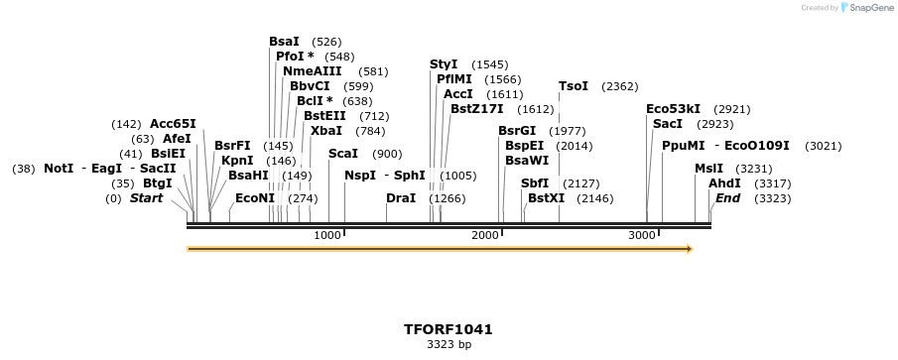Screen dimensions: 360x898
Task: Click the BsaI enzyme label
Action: pos(284,42)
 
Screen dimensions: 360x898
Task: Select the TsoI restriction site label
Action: pos(573,86)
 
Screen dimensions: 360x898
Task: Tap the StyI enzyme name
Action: pos(444,64)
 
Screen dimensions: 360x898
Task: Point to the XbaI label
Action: pos(325,131)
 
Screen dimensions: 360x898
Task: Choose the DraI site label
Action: pos(401,198)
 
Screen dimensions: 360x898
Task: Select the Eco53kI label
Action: pos(673,109)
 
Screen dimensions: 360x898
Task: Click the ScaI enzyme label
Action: pos(342,154)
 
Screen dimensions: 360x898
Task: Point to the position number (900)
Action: pos(387,154)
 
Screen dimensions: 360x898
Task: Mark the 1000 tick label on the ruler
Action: pos(326,235)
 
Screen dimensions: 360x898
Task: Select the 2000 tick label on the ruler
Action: pos(484,235)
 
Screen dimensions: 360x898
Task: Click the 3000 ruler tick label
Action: pos(642,235)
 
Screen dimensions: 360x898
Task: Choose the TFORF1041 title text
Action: pos(449,329)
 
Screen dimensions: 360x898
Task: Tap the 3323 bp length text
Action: pos(449,345)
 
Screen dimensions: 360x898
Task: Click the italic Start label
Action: pos(146,198)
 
